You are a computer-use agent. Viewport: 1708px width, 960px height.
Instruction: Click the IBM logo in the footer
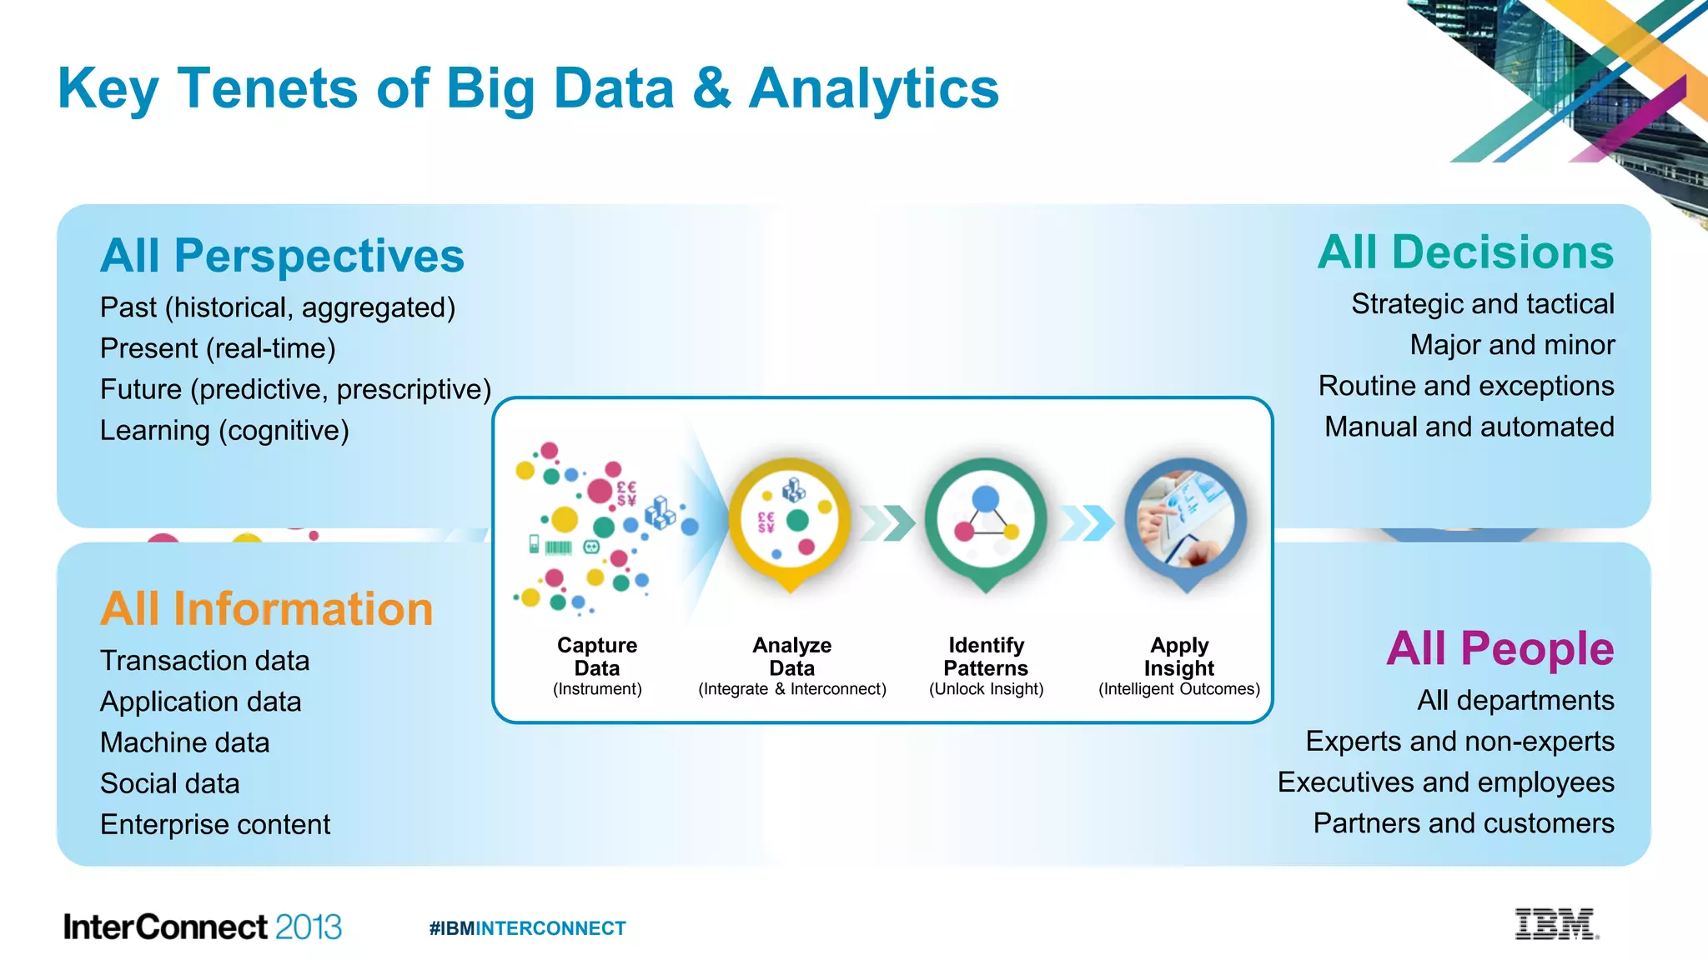point(1556,924)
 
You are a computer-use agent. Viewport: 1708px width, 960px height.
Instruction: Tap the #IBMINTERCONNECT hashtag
point(527,928)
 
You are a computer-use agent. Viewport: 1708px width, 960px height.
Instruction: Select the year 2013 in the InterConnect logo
point(308,927)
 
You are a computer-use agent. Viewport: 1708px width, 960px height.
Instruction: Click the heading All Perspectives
point(282,255)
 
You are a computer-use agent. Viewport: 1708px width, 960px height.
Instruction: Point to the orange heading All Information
point(267,608)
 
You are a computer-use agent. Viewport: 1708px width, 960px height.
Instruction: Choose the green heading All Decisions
point(1465,252)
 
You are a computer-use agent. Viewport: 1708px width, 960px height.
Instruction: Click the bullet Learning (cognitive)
point(224,431)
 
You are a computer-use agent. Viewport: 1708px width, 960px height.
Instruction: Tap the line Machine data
point(184,742)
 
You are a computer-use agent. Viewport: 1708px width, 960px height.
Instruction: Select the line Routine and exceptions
point(1465,386)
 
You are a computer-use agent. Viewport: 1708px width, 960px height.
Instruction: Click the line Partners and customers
point(1463,823)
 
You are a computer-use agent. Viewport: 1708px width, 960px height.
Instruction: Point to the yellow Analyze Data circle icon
point(790,521)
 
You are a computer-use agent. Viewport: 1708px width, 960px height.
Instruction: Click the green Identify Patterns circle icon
point(986,521)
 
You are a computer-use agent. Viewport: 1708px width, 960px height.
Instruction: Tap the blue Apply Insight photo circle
point(1185,521)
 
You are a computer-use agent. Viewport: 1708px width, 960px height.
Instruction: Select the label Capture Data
point(597,657)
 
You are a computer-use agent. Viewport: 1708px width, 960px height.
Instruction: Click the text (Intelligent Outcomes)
point(1178,689)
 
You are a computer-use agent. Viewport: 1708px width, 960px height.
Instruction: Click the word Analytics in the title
point(873,88)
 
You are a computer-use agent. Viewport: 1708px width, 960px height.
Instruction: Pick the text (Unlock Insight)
point(986,689)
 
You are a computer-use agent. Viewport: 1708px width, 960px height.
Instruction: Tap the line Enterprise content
point(215,825)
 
